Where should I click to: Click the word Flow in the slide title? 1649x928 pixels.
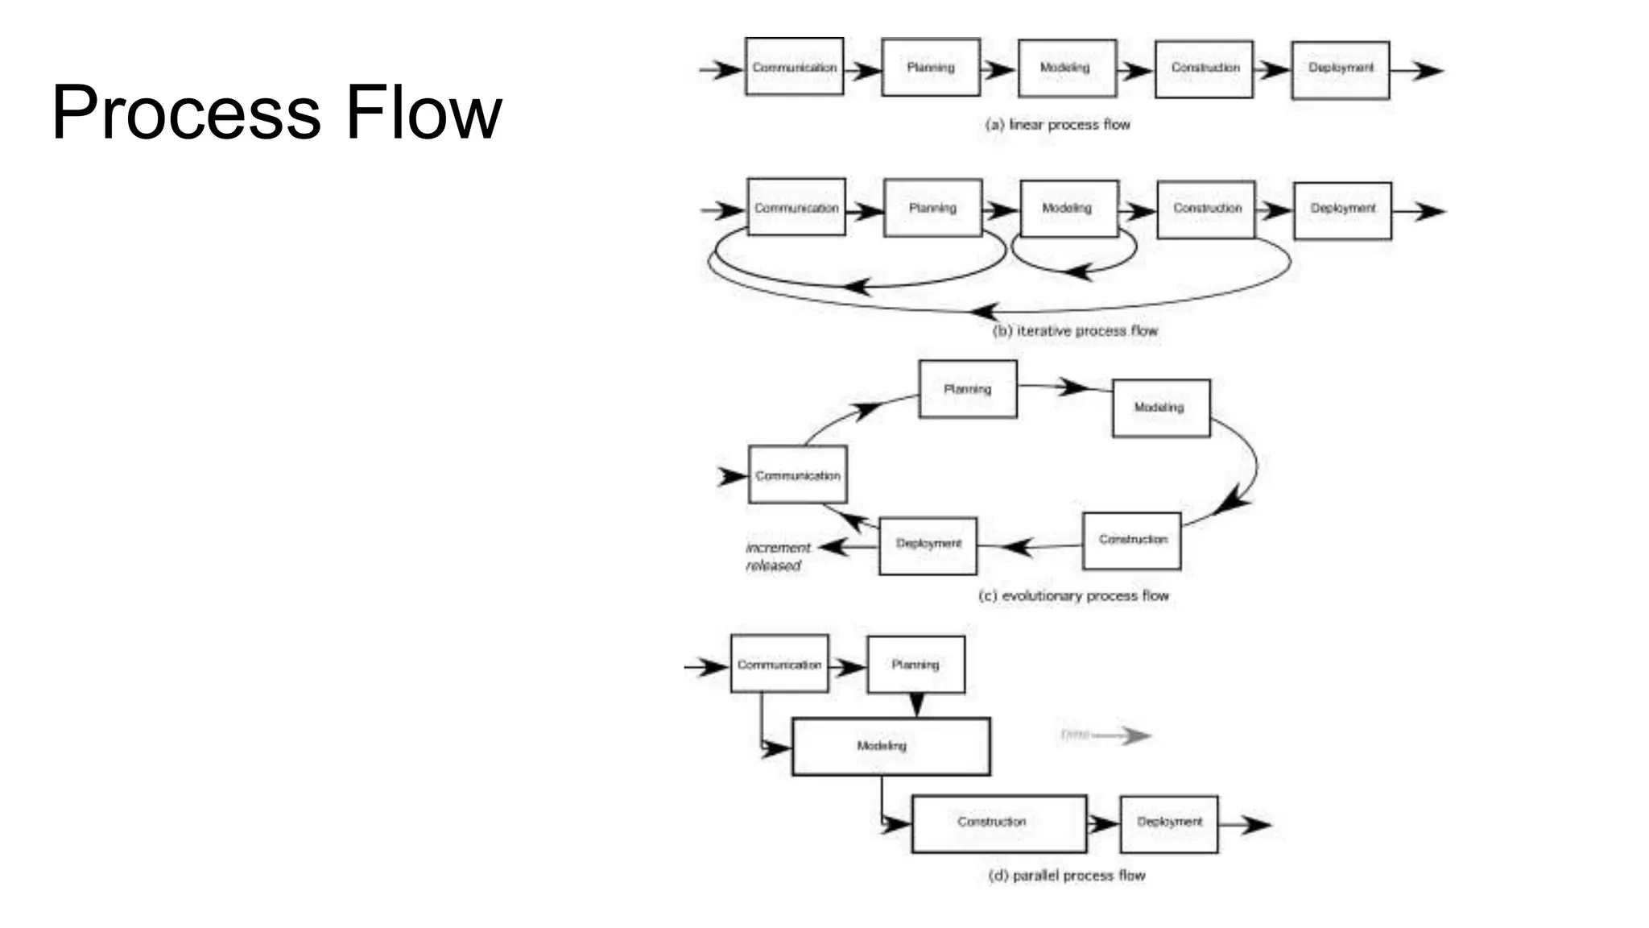click(x=424, y=113)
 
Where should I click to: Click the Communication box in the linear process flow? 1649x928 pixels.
click(x=794, y=67)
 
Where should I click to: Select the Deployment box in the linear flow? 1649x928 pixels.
click(x=1340, y=70)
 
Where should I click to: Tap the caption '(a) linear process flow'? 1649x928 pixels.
click(x=1057, y=125)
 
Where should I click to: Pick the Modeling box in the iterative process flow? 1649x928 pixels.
click(x=1068, y=209)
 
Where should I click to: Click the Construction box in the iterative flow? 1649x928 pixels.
click(x=1205, y=209)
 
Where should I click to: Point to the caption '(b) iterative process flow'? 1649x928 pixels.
click(x=1075, y=331)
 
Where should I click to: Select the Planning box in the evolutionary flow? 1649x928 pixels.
click(x=967, y=389)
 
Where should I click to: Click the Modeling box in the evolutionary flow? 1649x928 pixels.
click(x=1160, y=408)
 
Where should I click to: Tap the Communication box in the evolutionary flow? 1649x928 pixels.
click(x=797, y=474)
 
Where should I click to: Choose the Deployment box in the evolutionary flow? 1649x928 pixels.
click(x=928, y=545)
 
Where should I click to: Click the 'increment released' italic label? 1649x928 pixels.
click(x=776, y=557)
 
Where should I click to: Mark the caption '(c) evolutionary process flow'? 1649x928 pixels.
click(x=1073, y=596)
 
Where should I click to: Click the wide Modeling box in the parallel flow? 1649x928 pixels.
click(x=891, y=746)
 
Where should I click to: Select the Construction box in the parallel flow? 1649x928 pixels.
click(x=998, y=823)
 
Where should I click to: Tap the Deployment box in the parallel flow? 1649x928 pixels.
click(x=1168, y=823)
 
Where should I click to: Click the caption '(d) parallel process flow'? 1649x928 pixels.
click(x=1066, y=876)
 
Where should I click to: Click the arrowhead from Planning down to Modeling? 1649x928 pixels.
click(x=916, y=705)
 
